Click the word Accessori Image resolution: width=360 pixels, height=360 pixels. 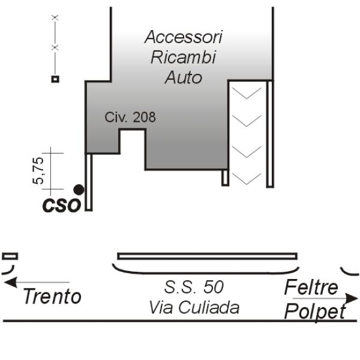click(184, 37)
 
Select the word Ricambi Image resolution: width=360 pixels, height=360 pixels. click(184, 57)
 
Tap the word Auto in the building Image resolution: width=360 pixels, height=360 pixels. click(184, 77)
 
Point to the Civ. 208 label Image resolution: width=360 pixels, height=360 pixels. click(130, 117)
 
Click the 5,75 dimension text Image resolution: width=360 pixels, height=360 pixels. click(38, 170)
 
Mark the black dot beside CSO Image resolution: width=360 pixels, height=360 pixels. click(79, 190)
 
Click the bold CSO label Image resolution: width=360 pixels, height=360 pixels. click(62, 205)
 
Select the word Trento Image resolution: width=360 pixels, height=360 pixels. click(52, 296)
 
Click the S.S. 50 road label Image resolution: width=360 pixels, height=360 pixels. click(194, 287)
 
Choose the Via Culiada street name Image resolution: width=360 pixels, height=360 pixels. click(194, 307)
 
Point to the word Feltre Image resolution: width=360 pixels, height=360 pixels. click(311, 287)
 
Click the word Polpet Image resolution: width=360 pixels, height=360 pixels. click(315, 311)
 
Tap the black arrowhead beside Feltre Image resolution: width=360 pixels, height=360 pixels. click(352, 298)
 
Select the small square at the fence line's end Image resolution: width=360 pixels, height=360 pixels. click(55, 79)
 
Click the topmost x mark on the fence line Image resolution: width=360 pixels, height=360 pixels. click(55, 17)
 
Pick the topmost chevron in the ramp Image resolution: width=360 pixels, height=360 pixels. click(247, 93)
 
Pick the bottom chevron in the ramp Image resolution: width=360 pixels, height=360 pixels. click(247, 179)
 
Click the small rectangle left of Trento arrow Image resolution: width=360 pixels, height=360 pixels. click(10, 256)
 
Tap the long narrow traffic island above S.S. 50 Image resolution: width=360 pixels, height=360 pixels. click(208, 256)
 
